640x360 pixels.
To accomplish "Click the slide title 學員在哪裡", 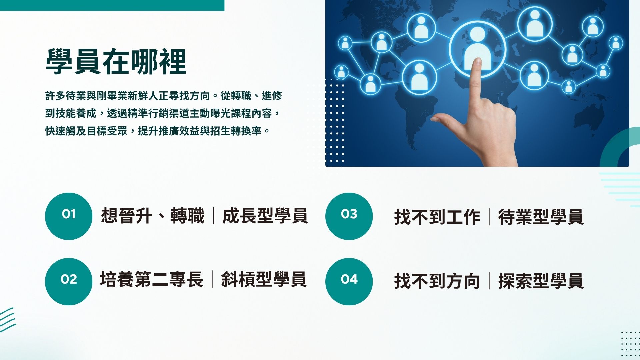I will click(x=116, y=62).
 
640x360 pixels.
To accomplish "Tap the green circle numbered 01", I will click(x=68, y=216).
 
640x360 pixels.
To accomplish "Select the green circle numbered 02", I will click(x=68, y=281).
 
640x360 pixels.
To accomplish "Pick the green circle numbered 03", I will click(x=349, y=216).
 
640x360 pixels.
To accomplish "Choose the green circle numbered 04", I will click(x=349, y=281).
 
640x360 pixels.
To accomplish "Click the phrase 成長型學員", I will click(x=265, y=216).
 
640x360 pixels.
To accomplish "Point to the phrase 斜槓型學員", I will click(x=264, y=279).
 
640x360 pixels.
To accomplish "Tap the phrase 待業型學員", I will click(x=541, y=217).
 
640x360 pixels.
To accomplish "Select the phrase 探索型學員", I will click(x=541, y=281).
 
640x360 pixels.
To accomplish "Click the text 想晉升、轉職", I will click(x=153, y=216).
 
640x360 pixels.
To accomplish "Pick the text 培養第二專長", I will click(x=152, y=279).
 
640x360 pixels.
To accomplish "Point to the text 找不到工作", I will click(x=437, y=217).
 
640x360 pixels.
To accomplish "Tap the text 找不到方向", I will click(x=437, y=281).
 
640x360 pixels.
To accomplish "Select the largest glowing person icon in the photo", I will click(x=477, y=48).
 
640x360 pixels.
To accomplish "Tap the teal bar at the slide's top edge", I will click(x=112, y=5).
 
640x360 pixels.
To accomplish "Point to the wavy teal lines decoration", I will click(x=7, y=319).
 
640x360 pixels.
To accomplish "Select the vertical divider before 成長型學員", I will click(x=213, y=216).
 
